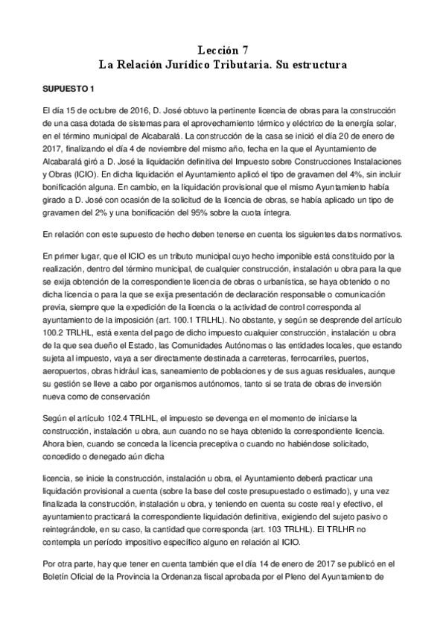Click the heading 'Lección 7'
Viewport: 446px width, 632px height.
(223, 50)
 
